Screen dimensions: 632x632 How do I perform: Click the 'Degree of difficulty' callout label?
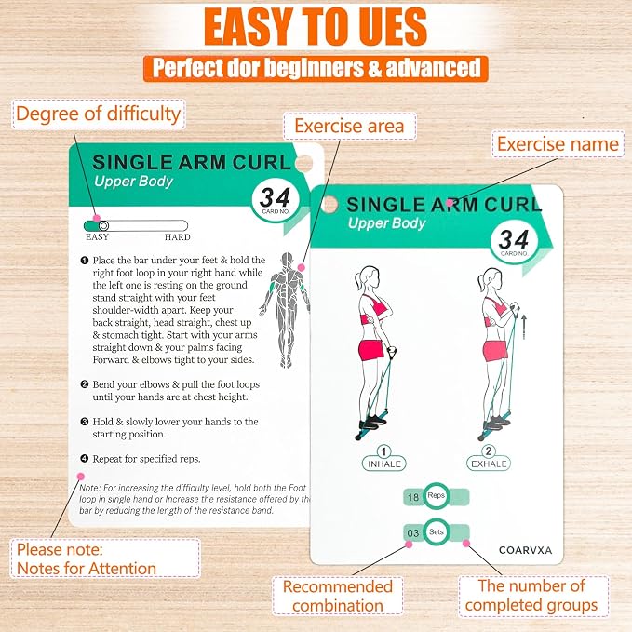coord(99,114)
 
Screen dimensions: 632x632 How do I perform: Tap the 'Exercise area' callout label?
coord(349,127)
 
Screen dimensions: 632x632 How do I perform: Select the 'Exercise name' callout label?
coord(558,144)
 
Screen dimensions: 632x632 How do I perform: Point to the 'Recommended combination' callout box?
coord(338,596)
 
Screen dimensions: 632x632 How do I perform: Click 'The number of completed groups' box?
coord(533,596)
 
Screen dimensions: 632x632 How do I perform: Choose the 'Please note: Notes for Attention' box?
coord(105,558)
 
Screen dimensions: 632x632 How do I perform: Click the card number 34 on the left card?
coord(275,197)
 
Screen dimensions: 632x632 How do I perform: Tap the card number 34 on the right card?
coord(513,239)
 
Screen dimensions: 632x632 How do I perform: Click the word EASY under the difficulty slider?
coord(97,237)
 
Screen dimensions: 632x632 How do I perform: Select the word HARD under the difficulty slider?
coord(178,237)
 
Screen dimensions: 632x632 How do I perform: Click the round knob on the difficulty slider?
coord(103,225)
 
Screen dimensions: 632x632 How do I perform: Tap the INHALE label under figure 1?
coord(384,464)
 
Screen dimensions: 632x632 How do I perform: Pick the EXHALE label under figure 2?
coord(489,464)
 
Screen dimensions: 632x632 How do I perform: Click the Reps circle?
coord(437,496)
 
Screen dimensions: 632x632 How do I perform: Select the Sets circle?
coord(437,532)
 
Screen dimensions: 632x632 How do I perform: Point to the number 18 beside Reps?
coord(413,497)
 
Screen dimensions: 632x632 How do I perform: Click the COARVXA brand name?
coord(525,550)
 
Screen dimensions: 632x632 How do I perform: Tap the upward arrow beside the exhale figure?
coord(524,327)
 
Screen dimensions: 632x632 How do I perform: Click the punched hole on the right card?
coord(329,205)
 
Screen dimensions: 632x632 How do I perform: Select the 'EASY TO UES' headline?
coord(316,27)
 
